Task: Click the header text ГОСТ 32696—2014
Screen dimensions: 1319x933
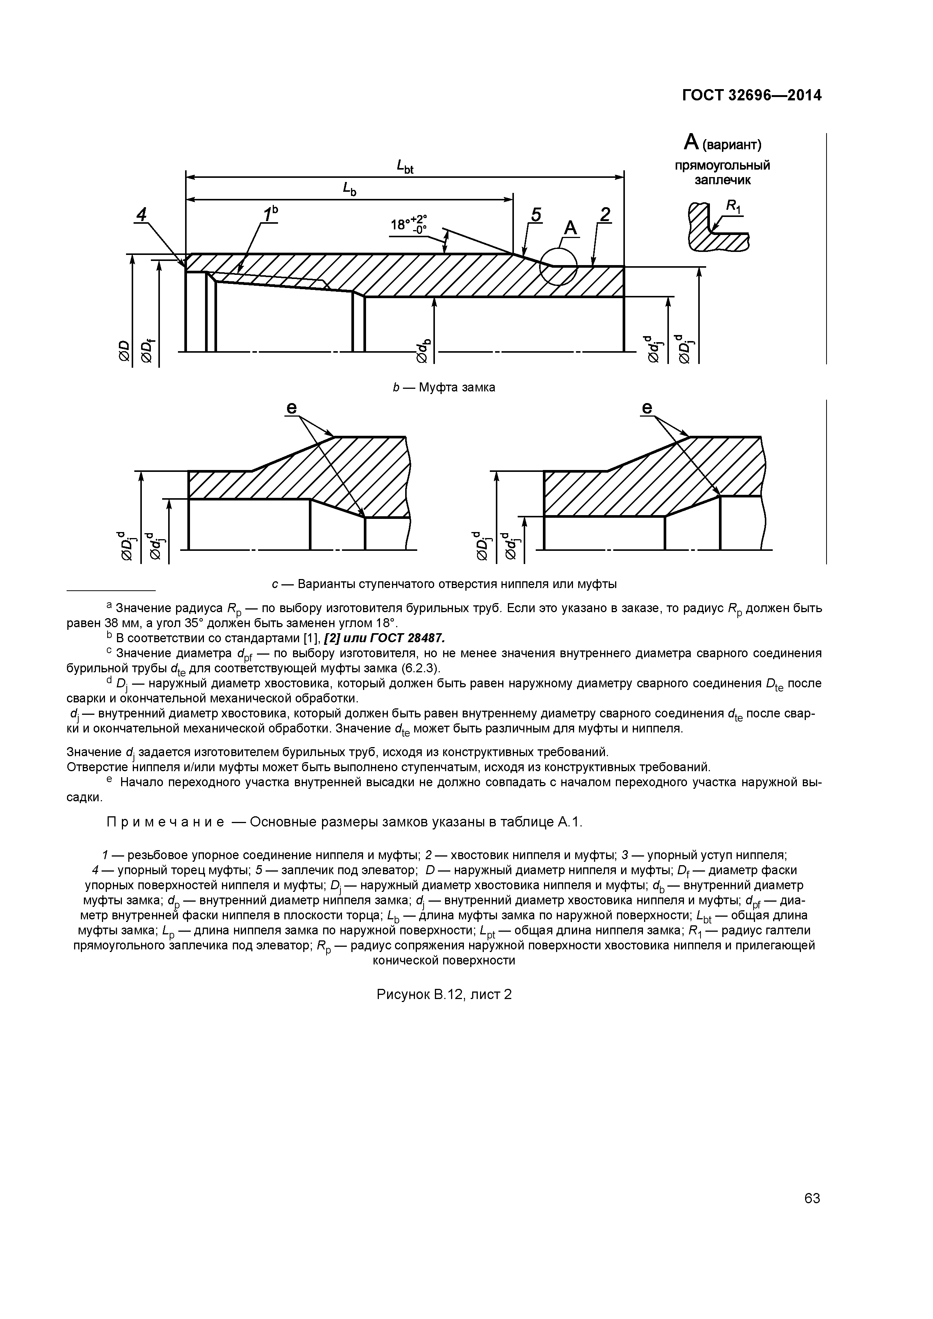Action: pos(751,96)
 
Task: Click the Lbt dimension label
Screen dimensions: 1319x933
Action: pos(405,167)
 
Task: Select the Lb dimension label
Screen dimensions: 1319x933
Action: pos(349,188)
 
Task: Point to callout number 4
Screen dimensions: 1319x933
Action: pos(141,214)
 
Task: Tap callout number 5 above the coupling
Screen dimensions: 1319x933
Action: pos(535,215)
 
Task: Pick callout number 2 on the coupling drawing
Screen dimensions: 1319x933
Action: pos(605,215)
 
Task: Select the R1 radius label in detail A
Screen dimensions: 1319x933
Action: pos(734,206)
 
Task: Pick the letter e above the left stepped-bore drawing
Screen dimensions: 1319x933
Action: pos(292,408)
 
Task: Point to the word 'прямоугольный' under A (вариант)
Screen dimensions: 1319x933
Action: pos(722,165)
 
